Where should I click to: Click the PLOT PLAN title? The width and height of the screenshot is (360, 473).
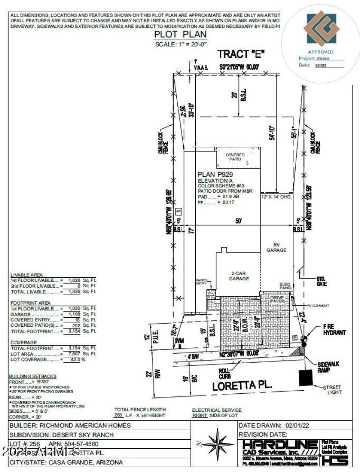[180, 35]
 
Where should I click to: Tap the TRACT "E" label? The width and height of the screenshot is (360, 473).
[241, 54]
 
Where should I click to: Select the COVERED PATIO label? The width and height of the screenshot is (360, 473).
[235, 157]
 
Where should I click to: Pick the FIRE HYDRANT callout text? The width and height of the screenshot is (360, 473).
[334, 329]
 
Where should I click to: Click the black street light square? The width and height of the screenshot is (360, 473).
[306, 377]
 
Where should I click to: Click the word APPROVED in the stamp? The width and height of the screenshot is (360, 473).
[320, 52]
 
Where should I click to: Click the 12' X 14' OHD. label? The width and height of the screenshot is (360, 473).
[277, 197]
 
